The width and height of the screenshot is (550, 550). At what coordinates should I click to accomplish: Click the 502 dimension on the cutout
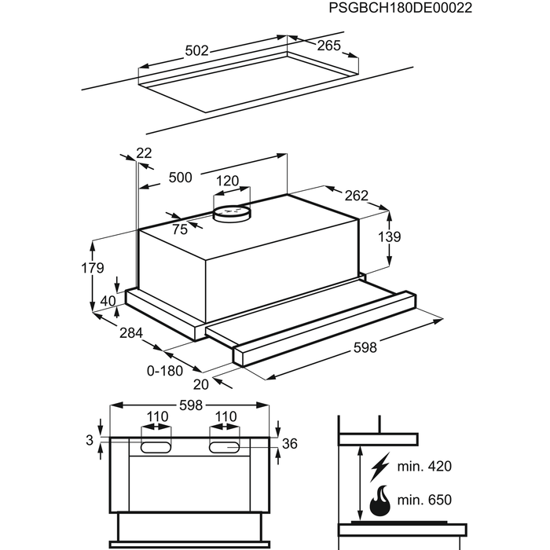196,51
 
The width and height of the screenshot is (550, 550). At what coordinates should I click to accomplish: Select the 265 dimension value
329,46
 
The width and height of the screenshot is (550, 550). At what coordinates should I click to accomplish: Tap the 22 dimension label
144,153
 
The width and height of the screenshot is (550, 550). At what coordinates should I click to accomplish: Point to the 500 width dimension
181,178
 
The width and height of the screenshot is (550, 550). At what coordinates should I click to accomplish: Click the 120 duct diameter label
227,181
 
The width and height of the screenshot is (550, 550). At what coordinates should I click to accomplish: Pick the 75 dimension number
180,229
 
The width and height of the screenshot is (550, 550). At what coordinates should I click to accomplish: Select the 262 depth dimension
356,196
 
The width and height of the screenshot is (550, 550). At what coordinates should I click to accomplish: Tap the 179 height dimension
93,268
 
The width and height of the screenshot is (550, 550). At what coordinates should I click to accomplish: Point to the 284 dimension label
130,333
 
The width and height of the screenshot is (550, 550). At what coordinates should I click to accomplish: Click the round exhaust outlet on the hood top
233,210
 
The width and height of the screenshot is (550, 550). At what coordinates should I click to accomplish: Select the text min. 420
426,467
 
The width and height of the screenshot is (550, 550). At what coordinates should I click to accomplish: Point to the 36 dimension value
289,444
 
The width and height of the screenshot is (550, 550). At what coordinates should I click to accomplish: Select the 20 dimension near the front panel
201,385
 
